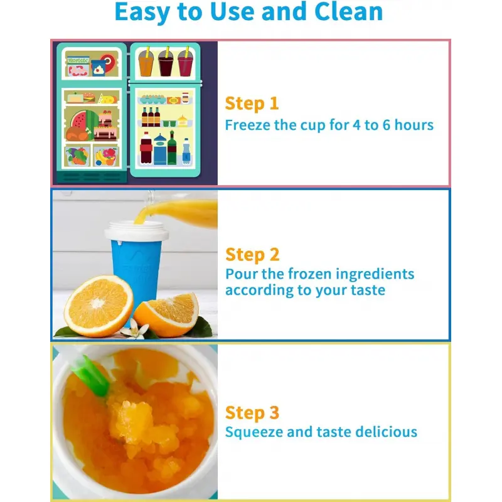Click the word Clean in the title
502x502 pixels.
point(349,11)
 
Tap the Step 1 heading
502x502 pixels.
point(252,104)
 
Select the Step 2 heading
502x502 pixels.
point(252,255)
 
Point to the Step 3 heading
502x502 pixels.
point(252,413)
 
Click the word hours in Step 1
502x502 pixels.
point(414,125)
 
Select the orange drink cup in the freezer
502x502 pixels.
point(146,63)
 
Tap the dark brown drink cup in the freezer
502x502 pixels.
point(166,63)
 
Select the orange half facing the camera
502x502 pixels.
point(99,306)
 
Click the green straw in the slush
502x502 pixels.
point(91,376)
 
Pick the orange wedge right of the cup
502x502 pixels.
point(166,315)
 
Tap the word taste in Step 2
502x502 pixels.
point(368,291)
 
